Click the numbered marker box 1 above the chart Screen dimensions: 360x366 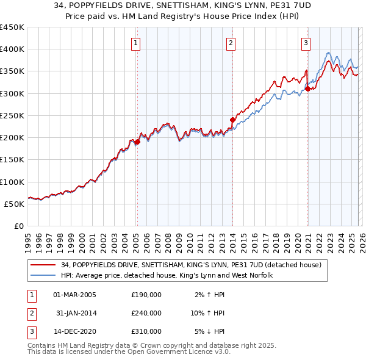pyautogui.click(x=136, y=43)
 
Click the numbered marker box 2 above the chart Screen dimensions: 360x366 pyautogui.click(x=231, y=43)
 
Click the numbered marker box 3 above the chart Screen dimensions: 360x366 pyautogui.click(x=306, y=43)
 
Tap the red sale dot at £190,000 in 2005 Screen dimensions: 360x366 pyautogui.click(x=137, y=142)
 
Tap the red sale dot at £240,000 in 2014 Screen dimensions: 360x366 pyautogui.click(x=232, y=120)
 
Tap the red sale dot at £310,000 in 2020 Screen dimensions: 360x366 pyautogui.click(x=307, y=89)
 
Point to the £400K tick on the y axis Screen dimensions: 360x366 pyautogui.click(x=12, y=49)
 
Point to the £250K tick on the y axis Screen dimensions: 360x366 pyautogui.click(x=12, y=115)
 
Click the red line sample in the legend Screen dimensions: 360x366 pyautogui.click(x=43, y=265)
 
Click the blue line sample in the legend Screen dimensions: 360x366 pyautogui.click(x=43, y=276)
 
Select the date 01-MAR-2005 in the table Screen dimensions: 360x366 pyautogui.click(x=74, y=295)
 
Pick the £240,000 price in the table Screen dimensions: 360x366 pyautogui.click(x=146, y=313)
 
